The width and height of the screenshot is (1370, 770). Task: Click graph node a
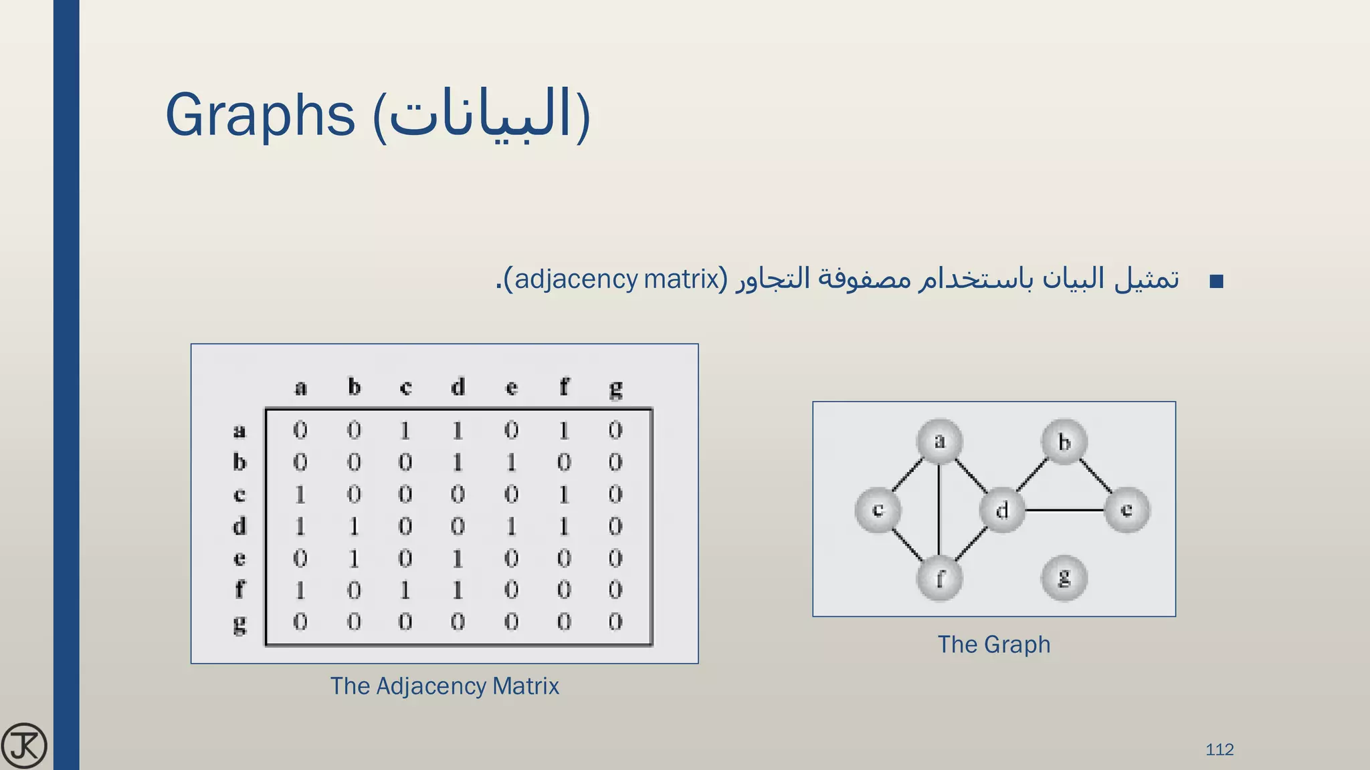[x=939, y=441]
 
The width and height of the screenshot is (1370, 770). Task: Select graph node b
[x=1064, y=441]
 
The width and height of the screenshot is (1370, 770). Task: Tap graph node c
[x=878, y=510]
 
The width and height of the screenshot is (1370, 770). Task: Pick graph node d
[x=1001, y=510]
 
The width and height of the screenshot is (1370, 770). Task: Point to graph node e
[x=1127, y=510]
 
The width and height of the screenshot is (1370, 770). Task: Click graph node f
[x=939, y=578]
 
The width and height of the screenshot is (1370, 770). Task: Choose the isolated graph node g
[x=1064, y=578]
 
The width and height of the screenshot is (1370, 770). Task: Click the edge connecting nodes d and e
[x=1064, y=510]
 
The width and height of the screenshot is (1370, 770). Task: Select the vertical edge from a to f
[x=939, y=509]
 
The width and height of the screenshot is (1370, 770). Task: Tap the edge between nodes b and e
[x=1096, y=476]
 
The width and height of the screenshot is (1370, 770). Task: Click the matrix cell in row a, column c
[x=405, y=430]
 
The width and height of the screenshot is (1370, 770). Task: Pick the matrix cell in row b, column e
[x=511, y=462]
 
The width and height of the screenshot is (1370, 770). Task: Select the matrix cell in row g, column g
[x=615, y=622]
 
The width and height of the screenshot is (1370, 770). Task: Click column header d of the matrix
[x=458, y=387]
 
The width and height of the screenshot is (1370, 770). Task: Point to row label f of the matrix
[x=239, y=590]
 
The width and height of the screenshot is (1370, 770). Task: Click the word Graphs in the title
[x=260, y=115]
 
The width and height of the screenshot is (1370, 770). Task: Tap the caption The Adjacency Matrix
[x=444, y=686]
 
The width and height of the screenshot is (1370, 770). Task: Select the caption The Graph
[x=993, y=644]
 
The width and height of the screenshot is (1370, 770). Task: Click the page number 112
[x=1219, y=749]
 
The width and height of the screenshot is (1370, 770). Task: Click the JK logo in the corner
[x=24, y=745]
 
